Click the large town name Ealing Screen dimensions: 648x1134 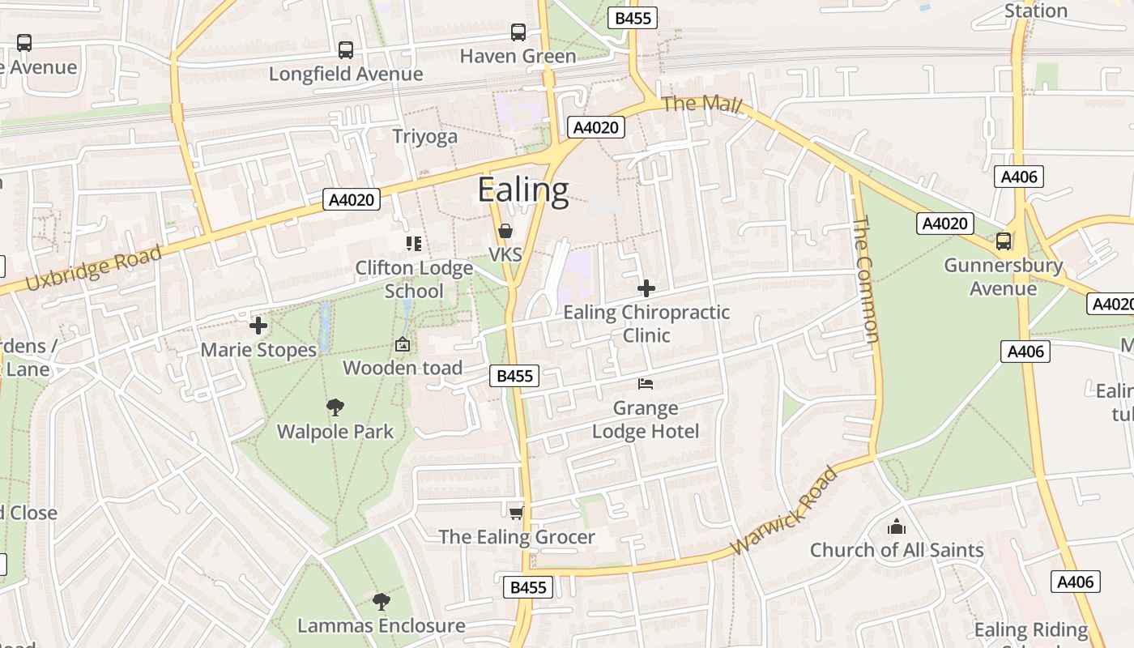(x=523, y=190)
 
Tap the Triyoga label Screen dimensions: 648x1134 (x=424, y=136)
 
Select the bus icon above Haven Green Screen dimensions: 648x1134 (x=518, y=32)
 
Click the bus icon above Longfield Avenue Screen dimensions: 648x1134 (x=346, y=50)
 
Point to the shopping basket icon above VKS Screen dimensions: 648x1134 (x=505, y=232)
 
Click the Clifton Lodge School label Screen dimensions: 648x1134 (x=414, y=279)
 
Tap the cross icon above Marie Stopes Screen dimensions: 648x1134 (x=258, y=326)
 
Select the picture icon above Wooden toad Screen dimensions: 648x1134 (x=403, y=345)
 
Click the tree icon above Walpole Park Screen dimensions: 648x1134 (x=335, y=407)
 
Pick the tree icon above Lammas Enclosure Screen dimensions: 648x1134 (x=382, y=602)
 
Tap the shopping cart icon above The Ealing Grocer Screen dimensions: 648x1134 (x=516, y=513)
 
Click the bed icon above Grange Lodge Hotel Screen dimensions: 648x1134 (x=646, y=384)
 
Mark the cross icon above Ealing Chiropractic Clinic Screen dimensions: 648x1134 (x=646, y=288)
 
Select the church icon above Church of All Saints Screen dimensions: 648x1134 (x=897, y=526)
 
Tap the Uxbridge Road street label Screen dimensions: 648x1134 (x=94, y=268)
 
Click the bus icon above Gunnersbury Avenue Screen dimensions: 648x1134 (x=1004, y=241)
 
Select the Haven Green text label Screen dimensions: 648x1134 (x=518, y=56)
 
